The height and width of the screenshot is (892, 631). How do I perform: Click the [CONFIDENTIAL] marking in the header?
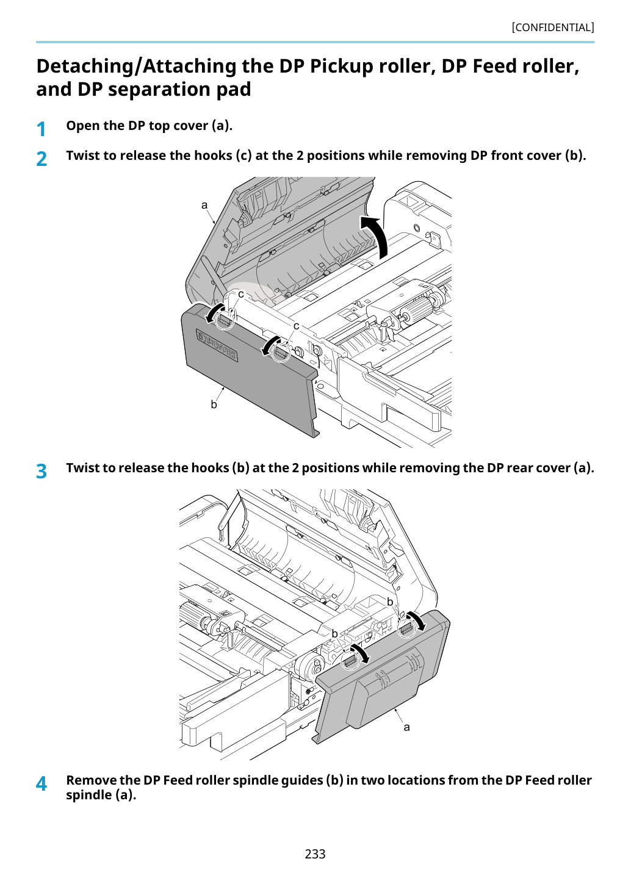point(552,27)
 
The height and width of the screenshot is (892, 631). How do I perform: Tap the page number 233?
point(315,854)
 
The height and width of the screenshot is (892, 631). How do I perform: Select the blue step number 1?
point(41,129)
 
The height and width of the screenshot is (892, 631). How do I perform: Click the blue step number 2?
point(41,159)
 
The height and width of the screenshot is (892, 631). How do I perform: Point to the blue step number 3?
point(41,471)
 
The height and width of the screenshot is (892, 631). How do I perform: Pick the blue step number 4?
point(41,783)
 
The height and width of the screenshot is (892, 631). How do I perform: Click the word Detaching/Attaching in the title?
point(136,67)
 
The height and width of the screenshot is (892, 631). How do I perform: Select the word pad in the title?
point(234,89)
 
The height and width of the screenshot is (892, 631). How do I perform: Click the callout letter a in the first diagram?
point(204,205)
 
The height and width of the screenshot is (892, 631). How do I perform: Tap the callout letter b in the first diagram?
point(214,404)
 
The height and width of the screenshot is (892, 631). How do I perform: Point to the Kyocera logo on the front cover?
point(217,346)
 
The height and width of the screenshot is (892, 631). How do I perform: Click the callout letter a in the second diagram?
point(406,727)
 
